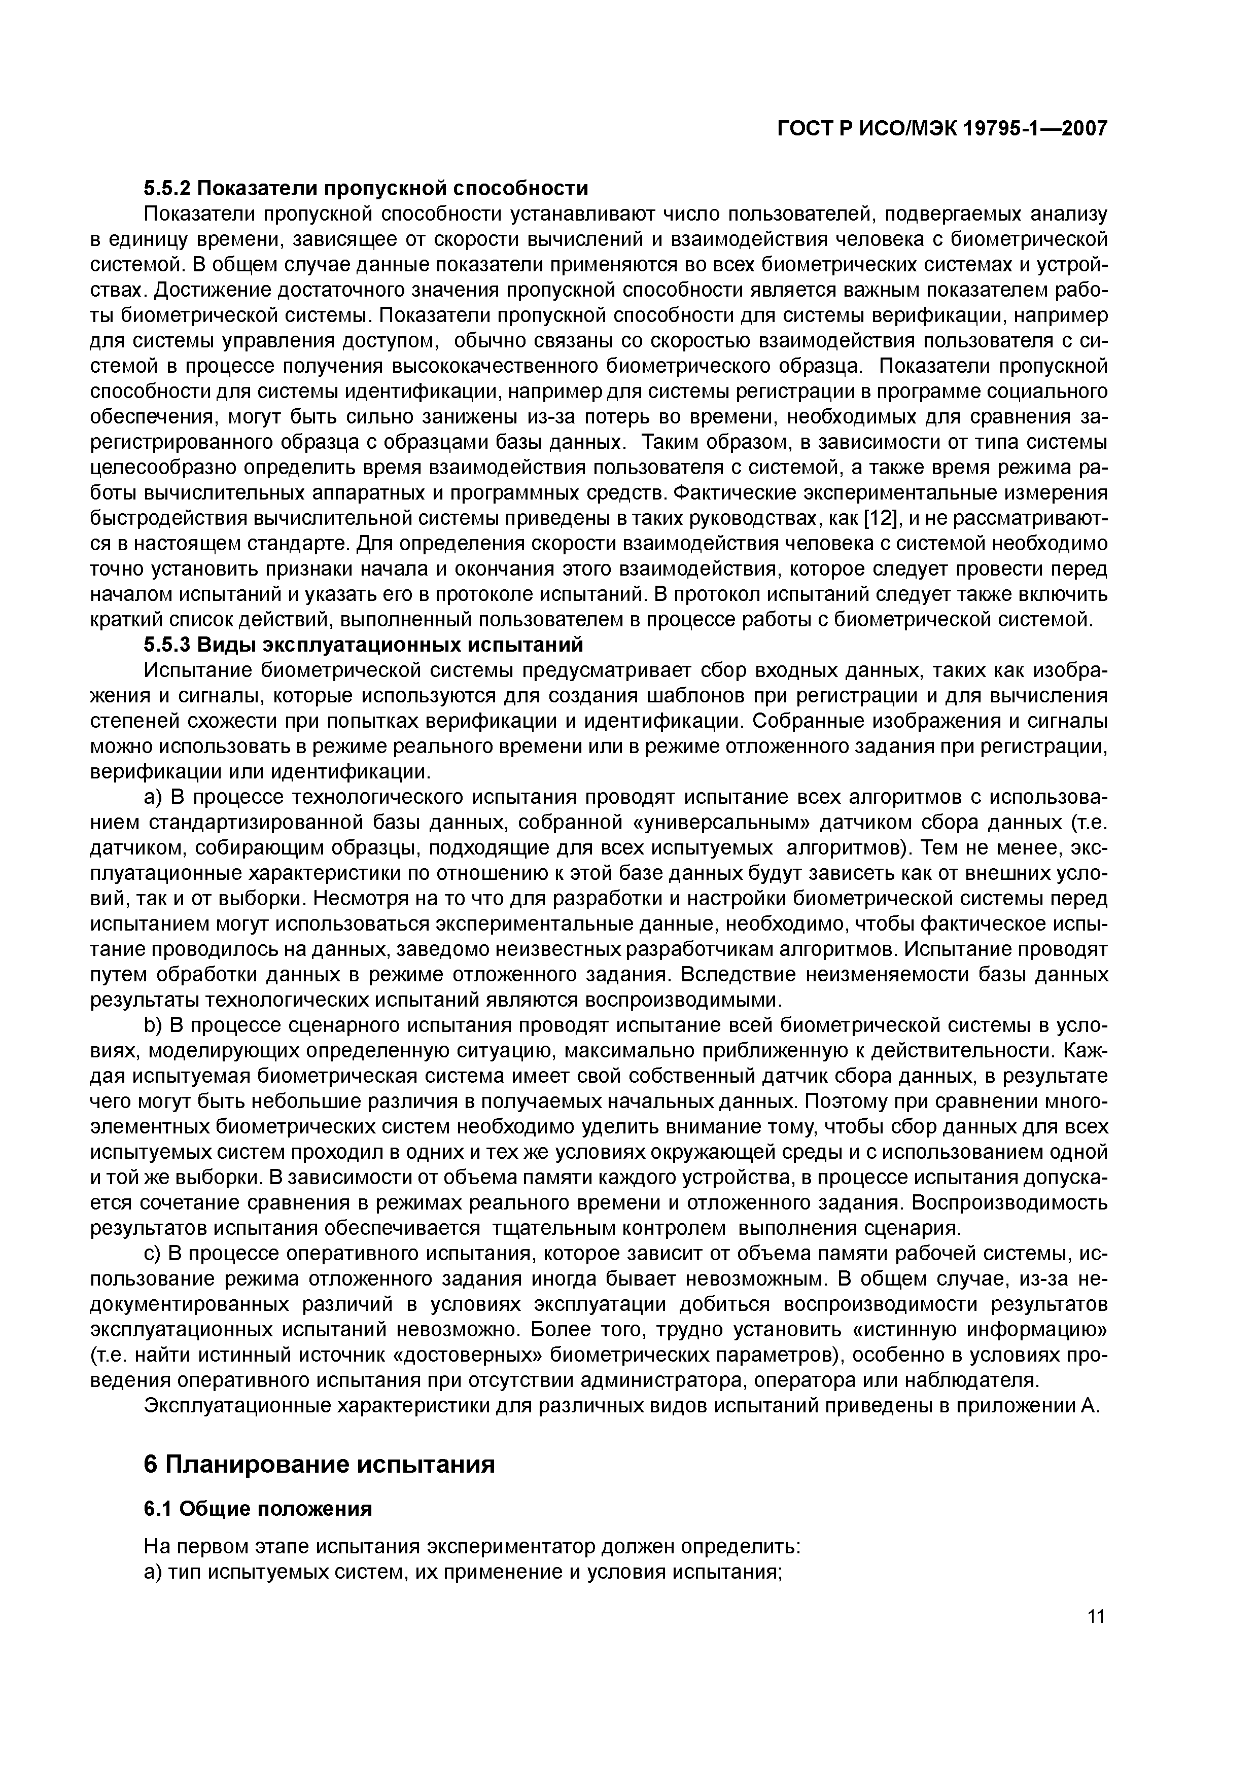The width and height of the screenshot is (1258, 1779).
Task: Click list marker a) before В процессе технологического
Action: coord(153,798)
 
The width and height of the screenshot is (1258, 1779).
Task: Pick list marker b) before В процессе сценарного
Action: coord(153,1026)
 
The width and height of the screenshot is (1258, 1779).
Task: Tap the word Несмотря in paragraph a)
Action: coord(361,900)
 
